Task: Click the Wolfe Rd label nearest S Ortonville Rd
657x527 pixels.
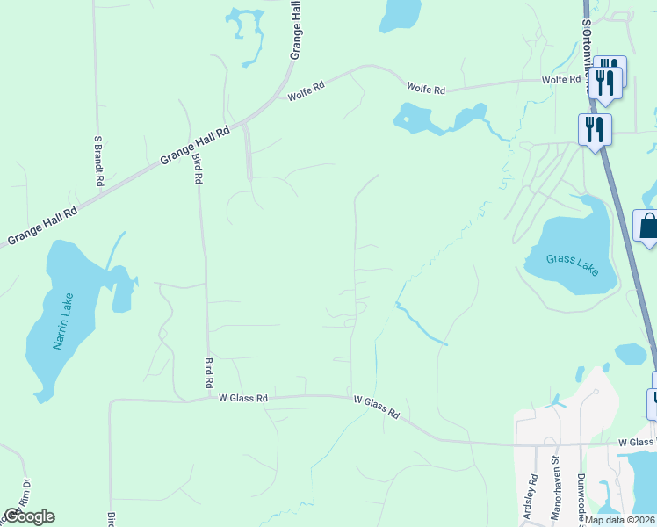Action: click(562, 80)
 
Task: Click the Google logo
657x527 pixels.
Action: click(29, 516)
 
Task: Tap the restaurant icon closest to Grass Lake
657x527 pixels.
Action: click(594, 130)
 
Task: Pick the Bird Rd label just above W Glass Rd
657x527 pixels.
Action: click(209, 373)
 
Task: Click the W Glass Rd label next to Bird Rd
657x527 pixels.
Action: click(243, 398)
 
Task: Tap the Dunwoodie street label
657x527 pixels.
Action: click(581, 496)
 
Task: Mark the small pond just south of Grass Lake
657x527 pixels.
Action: click(630, 354)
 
